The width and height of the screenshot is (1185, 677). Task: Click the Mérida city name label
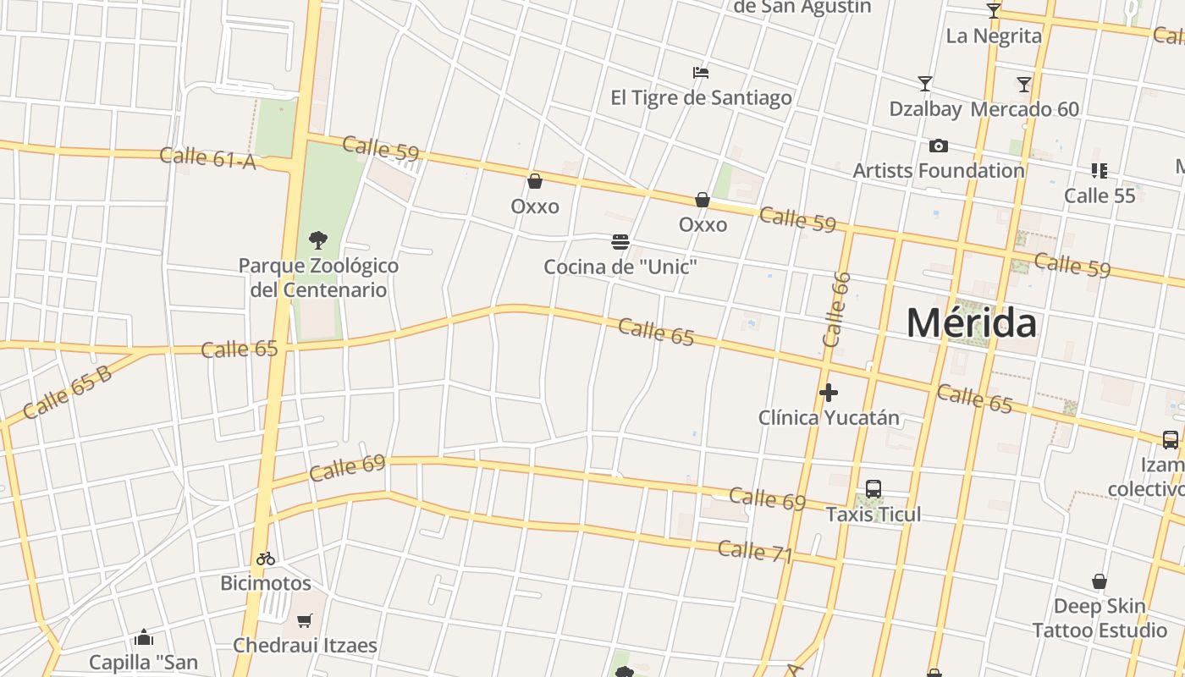tap(971, 323)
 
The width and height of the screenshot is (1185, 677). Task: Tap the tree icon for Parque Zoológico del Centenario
tap(318, 239)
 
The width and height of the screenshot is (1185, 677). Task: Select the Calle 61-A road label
tap(207, 157)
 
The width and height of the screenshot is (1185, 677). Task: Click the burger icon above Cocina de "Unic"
tap(620, 243)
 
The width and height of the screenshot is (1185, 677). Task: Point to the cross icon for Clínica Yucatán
tap(829, 393)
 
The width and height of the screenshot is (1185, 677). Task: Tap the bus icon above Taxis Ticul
tap(874, 489)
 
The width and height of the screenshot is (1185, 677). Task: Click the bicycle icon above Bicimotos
tap(266, 559)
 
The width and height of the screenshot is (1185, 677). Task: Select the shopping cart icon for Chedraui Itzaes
tap(305, 620)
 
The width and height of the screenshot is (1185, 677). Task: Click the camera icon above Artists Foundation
tap(939, 146)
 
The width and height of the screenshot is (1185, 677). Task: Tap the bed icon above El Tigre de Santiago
tap(700, 73)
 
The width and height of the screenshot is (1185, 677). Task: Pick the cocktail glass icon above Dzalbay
tap(925, 84)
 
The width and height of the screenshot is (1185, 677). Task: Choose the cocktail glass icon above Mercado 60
tap(1024, 84)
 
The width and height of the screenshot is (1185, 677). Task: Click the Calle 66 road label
tap(835, 310)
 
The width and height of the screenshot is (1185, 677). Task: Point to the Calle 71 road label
tap(755, 552)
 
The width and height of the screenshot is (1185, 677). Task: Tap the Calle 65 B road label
tap(68, 393)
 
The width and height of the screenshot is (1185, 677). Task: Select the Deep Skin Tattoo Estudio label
tap(1100, 618)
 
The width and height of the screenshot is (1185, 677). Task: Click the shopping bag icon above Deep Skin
tap(1099, 581)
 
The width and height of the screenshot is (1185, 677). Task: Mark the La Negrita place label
tap(994, 36)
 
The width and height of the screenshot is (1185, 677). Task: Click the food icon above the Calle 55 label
tap(1099, 171)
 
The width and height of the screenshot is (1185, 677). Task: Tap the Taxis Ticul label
tap(874, 515)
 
